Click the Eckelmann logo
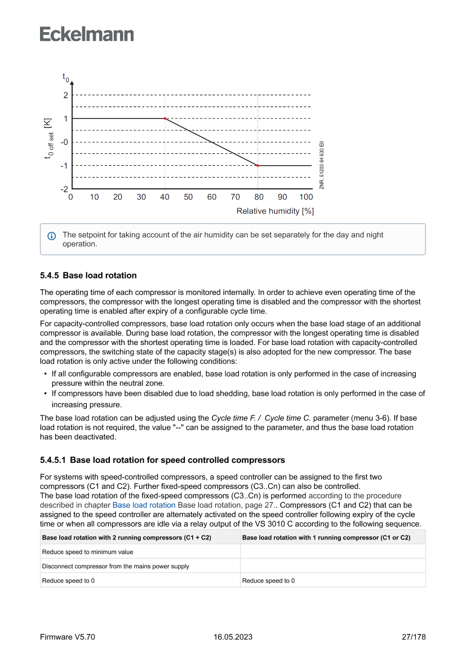click(87, 34)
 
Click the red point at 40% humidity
click(165, 118)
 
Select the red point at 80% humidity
click(258, 166)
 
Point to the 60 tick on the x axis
click(212, 197)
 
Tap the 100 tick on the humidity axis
click(306, 197)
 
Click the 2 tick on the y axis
click(65, 95)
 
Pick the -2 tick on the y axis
click(64, 189)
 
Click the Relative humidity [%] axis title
click(275, 211)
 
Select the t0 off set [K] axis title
click(50, 138)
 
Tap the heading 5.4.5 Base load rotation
click(88, 276)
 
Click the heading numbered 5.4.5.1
click(162, 460)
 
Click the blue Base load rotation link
click(144, 505)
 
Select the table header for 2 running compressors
click(127, 538)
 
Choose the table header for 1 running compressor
click(326, 538)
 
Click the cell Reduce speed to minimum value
click(88, 552)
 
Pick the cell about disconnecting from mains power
click(116, 566)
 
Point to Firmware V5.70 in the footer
click(68, 637)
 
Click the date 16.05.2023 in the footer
click(233, 637)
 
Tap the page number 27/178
click(414, 637)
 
